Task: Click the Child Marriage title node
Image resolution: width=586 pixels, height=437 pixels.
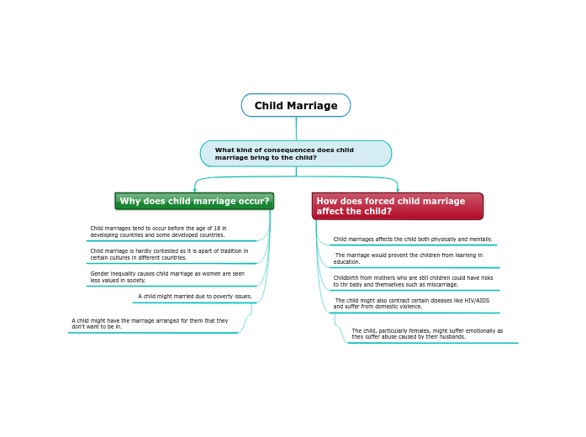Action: [296, 106]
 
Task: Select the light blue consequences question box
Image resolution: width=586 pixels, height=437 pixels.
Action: [296, 154]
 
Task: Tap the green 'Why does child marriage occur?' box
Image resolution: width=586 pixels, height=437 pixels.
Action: [194, 202]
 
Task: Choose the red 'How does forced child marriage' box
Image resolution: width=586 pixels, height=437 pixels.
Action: [397, 206]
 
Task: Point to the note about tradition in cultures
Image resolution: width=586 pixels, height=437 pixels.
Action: [169, 255]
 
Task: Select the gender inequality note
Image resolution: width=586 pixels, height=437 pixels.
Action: [167, 277]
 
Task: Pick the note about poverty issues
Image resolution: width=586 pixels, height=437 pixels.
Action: [195, 297]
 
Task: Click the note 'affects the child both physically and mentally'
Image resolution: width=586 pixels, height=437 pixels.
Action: [412, 240]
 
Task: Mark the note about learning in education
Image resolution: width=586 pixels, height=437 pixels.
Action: [409, 259]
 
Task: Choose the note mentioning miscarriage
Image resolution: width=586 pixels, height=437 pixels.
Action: [413, 282]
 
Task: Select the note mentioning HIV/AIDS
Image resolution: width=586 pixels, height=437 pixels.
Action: [412, 303]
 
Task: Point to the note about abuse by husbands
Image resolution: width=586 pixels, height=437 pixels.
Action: [427, 334]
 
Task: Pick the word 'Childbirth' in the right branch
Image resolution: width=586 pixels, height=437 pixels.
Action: [346, 278]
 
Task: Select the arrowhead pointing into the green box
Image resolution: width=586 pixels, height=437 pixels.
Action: [194, 190]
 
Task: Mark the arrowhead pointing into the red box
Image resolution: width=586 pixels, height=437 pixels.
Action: [398, 190]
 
